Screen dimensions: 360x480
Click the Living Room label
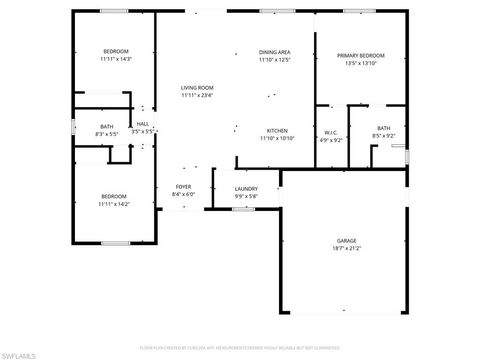(197, 88)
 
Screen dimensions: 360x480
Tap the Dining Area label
(274, 52)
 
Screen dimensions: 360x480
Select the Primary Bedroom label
(360, 56)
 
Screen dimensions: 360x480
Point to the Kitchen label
(277, 131)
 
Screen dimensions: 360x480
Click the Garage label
(345, 242)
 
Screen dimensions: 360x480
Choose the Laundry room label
(246, 189)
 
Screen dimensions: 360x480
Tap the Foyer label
(184, 187)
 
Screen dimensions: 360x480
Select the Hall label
(143, 124)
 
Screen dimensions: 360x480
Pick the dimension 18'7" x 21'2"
(345, 250)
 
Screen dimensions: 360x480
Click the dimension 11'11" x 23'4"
(197, 96)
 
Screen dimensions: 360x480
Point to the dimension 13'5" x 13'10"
(360, 64)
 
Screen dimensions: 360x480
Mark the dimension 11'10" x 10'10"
(277, 139)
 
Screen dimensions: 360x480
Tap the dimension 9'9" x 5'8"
(246, 197)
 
